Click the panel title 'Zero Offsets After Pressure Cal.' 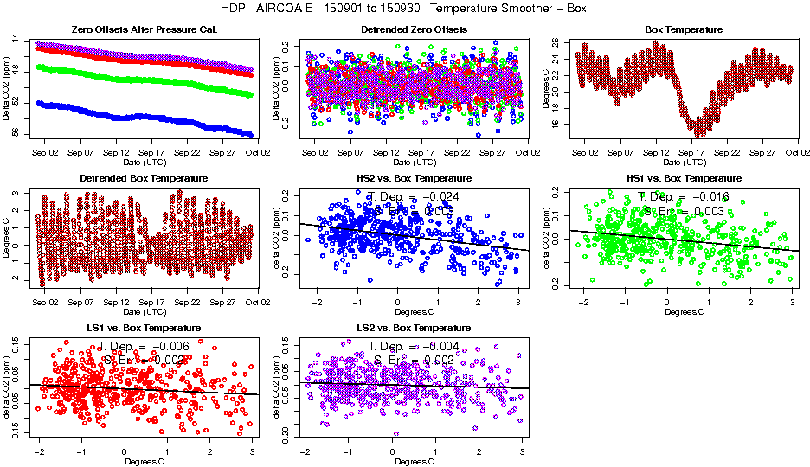[x=144, y=29]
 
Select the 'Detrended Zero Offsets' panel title [x=414, y=29]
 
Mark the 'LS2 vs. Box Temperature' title [x=414, y=329]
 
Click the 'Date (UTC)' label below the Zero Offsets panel [x=144, y=162]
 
